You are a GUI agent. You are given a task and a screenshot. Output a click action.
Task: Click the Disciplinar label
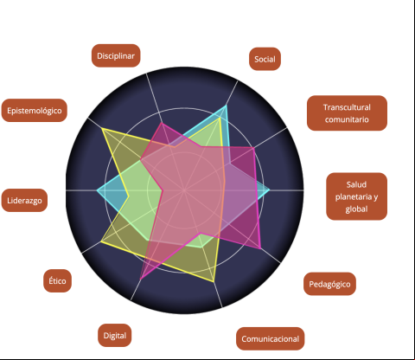[116, 55]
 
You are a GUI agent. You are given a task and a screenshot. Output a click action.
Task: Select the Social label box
[265, 59]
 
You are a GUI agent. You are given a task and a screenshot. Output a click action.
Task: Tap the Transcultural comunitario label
[347, 113]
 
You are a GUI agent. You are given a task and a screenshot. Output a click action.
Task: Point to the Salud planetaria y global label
[356, 196]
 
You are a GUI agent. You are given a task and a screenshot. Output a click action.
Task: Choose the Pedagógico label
[329, 284]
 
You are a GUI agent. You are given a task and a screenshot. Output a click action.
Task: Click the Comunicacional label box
[270, 338]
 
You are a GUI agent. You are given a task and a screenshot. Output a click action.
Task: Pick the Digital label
[115, 335]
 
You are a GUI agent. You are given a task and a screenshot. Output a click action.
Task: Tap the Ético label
[57, 280]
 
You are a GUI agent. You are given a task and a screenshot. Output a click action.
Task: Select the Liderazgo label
[24, 200]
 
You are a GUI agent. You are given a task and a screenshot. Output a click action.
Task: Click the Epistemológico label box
[35, 110]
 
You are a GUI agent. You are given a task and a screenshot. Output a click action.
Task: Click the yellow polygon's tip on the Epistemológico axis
[102, 129]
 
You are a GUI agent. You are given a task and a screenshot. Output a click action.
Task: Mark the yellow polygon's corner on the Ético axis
[101, 241]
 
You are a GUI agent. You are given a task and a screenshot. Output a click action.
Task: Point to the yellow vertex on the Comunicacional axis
[214, 281]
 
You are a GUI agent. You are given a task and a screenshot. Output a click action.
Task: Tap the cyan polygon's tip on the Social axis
[226, 106]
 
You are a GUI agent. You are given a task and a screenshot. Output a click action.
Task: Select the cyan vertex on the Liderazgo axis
[97, 190]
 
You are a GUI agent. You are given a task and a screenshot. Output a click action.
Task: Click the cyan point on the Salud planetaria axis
[270, 190]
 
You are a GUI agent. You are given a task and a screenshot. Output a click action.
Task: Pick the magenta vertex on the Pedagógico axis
[260, 248]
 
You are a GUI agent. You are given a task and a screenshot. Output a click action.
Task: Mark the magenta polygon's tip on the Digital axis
[140, 279]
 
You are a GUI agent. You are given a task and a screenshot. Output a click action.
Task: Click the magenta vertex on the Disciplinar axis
[162, 123]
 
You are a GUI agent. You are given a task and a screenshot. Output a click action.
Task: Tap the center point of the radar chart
[184, 190]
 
